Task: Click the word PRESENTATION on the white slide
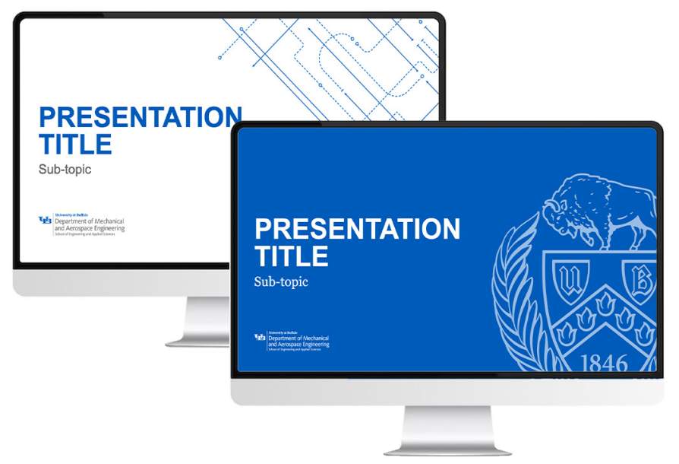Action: click(x=137, y=117)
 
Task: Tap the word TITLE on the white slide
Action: click(x=75, y=144)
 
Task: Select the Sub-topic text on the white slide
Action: click(x=65, y=170)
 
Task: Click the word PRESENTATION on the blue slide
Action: click(x=357, y=229)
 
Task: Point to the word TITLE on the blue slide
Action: click(x=291, y=256)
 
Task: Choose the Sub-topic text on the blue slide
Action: click(x=281, y=282)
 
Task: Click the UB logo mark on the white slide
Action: click(x=46, y=221)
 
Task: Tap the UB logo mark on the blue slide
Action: click(x=260, y=337)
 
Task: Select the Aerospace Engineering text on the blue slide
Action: click(x=300, y=344)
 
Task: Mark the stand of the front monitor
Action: click(x=447, y=430)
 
